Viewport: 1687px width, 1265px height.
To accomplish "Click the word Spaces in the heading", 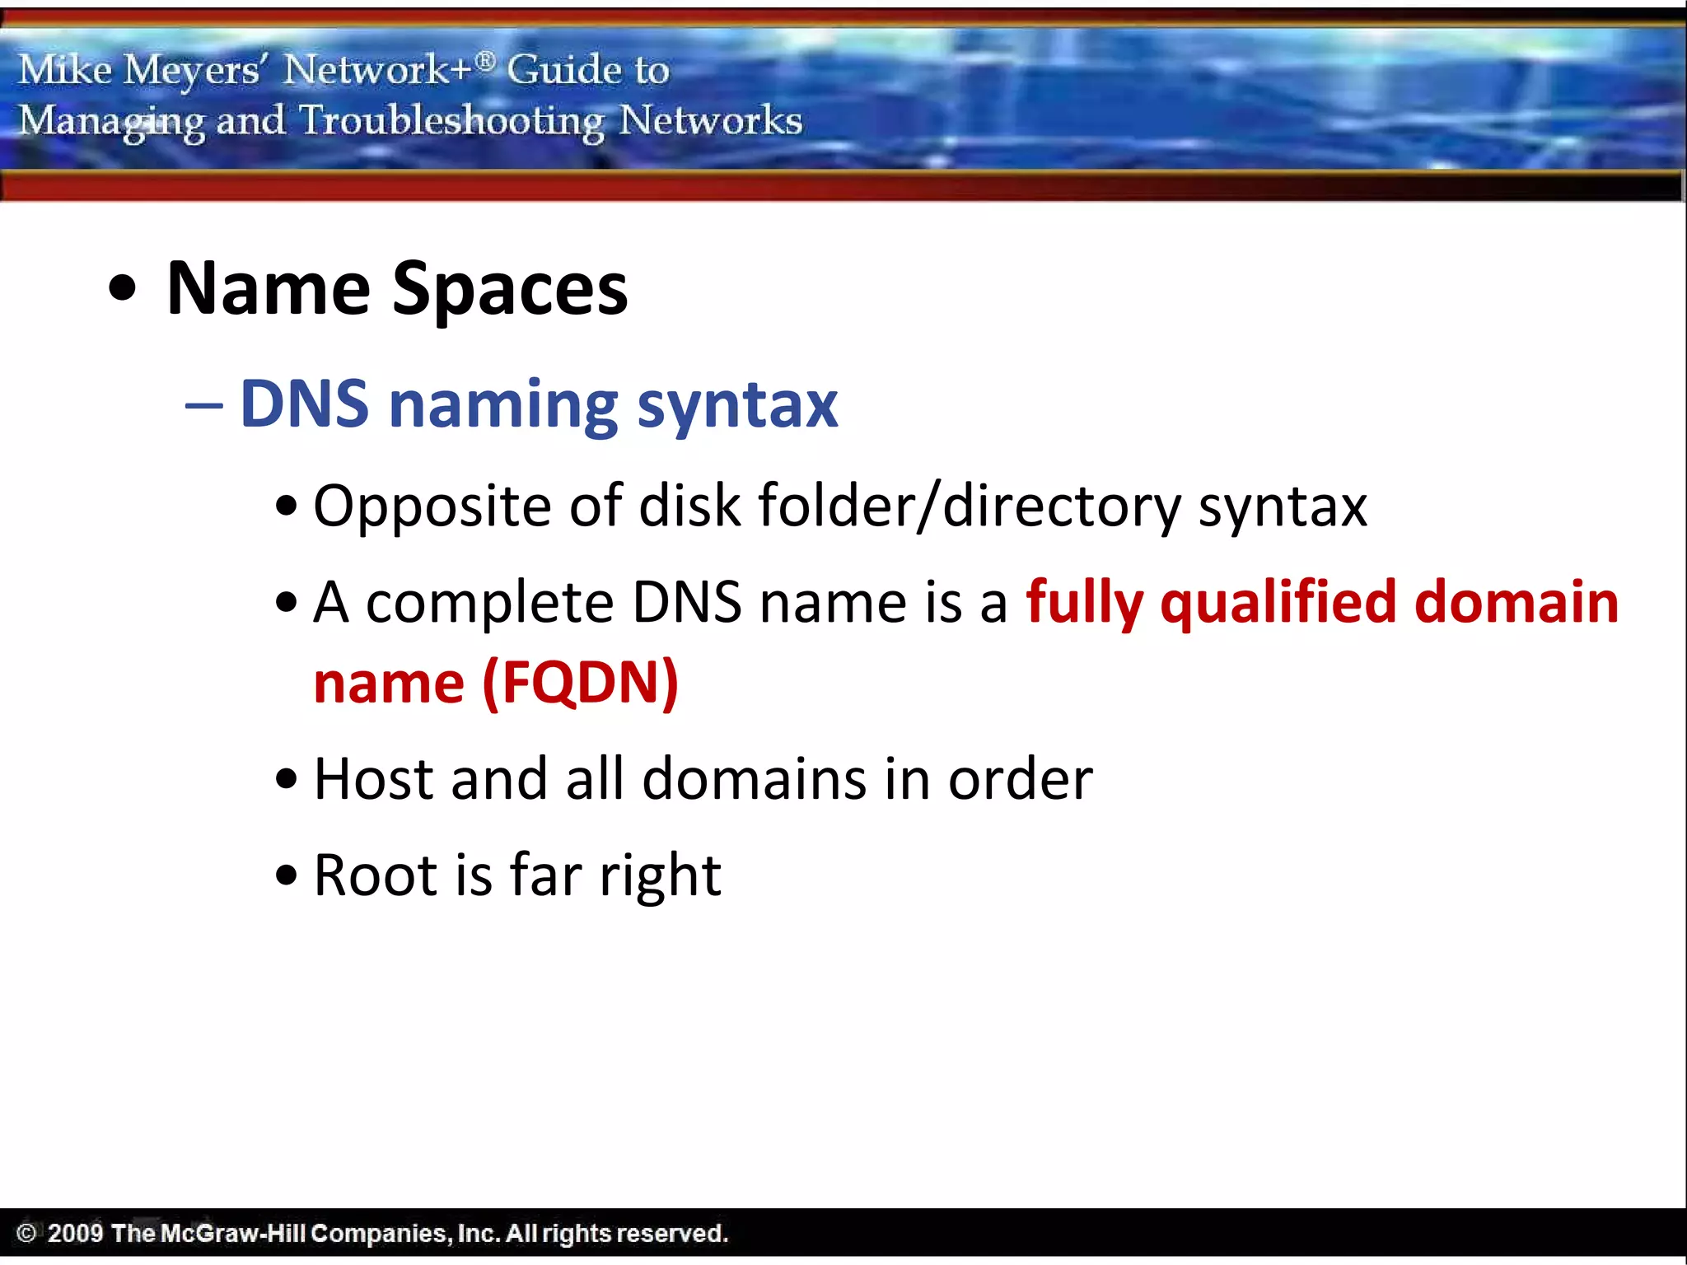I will click(x=509, y=290).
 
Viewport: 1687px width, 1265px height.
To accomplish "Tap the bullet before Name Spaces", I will click(x=123, y=289).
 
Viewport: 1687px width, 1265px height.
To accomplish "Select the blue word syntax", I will click(x=737, y=405).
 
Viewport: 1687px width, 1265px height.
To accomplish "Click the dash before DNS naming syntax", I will click(x=203, y=405).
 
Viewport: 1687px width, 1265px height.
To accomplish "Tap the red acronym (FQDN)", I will click(x=581, y=683).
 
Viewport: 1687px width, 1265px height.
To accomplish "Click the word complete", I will click(x=489, y=604).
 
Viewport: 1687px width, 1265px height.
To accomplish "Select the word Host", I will click(x=373, y=779).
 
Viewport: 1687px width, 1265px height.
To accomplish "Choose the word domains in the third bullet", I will click(x=754, y=779).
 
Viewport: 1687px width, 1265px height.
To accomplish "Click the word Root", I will click(x=376, y=875).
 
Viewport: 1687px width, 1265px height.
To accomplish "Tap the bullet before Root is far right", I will click(x=286, y=875).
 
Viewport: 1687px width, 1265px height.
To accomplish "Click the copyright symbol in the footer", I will click(x=26, y=1233).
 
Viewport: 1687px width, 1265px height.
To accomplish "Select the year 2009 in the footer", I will click(x=75, y=1233).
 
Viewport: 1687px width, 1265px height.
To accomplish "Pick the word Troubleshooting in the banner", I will click(x=451, y=122).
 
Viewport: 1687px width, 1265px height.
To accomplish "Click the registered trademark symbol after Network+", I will click(x=486, y=60).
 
